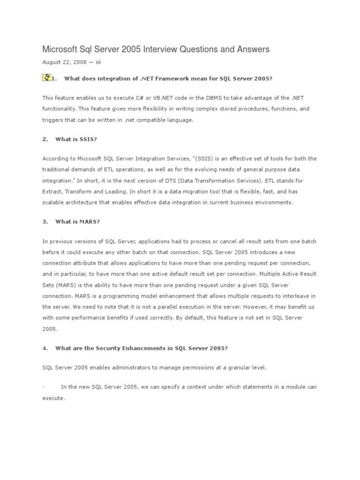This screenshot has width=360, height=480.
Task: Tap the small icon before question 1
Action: [x=46, y=78]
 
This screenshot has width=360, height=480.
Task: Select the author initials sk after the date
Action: [x=98, y=62]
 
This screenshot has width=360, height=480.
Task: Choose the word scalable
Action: [x=53, y=202]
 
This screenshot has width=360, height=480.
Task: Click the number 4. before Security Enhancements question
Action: [x=45, y=348]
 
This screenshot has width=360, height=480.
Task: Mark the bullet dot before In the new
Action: [x=43, y=387]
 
